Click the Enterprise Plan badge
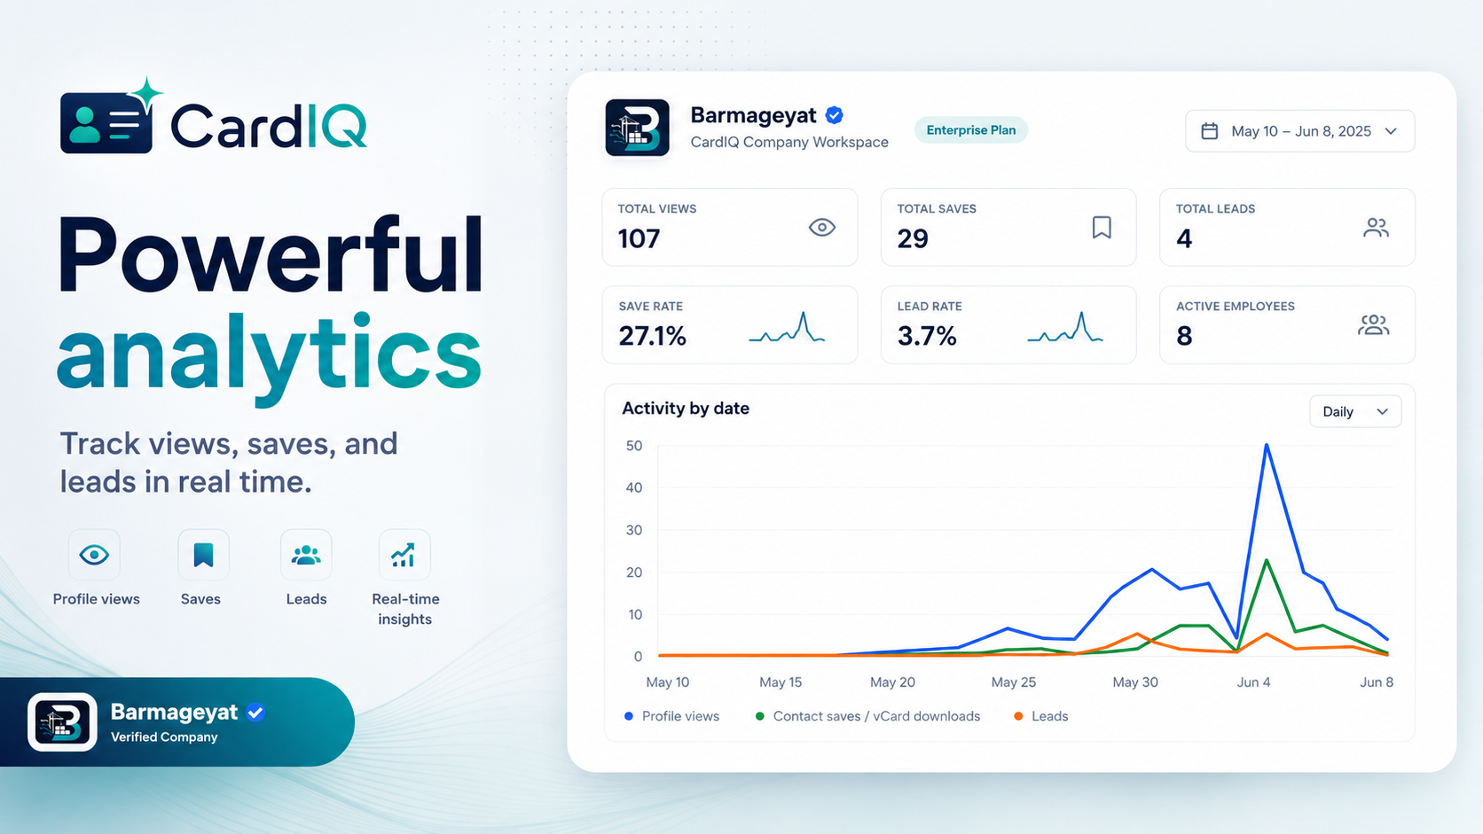pos(970,130)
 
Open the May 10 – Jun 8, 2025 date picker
pos(1299,131)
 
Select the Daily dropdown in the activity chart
pos(1355,411)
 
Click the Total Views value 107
pos(639,238)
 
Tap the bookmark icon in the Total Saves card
pos(1102,228)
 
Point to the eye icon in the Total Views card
pos(822,228)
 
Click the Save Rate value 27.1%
pos(653,336)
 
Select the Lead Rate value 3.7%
pos(927,336)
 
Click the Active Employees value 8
pos(1184,336)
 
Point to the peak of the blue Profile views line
pos(1267,444)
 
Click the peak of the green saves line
pos(1267,560)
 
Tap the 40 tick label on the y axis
pos(634,488)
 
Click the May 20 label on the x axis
pos(892,682)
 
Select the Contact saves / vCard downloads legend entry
pos(868,716)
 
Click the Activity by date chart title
pos(686,409)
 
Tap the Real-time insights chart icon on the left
pos(404,555)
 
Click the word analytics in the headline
pos(270,353)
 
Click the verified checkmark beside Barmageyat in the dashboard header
pos(834,115)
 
